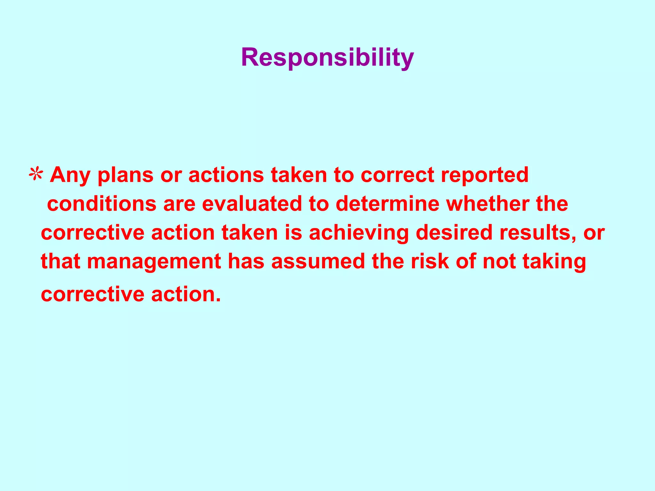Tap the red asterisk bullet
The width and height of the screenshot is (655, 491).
point(36,175)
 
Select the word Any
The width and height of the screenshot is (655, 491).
point(70,175)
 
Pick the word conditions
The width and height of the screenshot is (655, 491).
point(102,204)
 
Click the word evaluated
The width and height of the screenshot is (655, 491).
point(252,204)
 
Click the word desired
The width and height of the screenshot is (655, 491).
point(454,232)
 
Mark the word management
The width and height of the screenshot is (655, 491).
point(154,262)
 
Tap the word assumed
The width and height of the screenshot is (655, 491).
point(318,261)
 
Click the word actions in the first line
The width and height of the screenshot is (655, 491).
point(226,175)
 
